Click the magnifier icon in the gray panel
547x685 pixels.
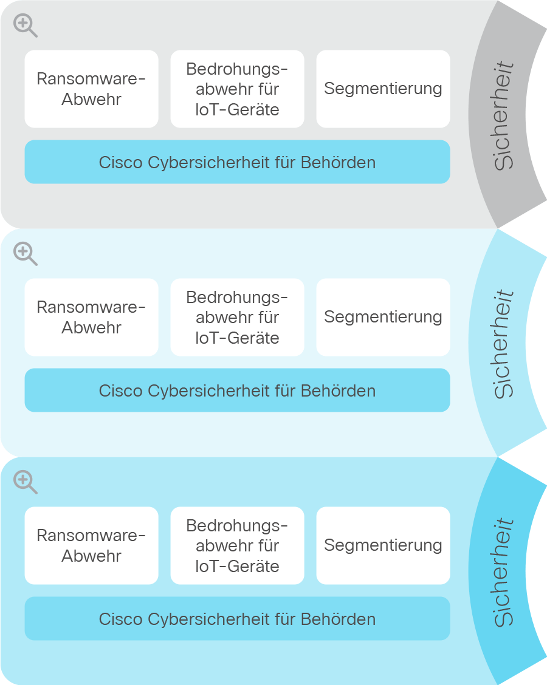(25, 26)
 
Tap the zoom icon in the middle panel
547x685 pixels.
(25, 253)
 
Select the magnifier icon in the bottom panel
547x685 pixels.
(25, 482)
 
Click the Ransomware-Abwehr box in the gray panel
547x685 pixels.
(91, 89)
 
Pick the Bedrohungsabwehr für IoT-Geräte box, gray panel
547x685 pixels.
(238, 89)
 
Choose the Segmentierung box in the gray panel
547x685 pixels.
(383, 89)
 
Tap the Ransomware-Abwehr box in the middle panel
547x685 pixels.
(91, 317)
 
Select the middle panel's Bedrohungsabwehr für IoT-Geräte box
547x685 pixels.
(238, 317)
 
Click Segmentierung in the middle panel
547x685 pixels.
(383, 317)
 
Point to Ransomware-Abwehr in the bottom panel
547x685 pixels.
(91, 546)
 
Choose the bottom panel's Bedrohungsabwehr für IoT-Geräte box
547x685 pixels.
(238, 546)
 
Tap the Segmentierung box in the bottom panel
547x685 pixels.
(383, 546)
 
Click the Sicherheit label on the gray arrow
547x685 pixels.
(503, 115)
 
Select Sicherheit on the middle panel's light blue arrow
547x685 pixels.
(503, 344)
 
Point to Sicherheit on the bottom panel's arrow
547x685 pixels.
(503, 572)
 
